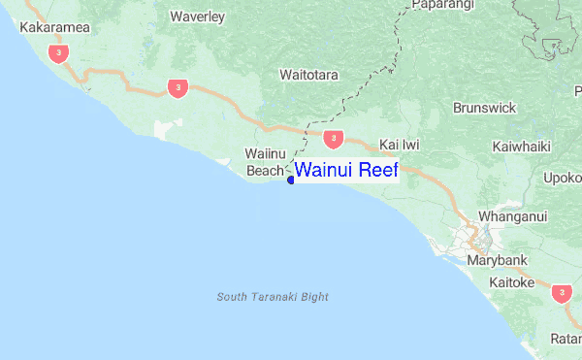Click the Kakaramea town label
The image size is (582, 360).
click(x=54, y=27)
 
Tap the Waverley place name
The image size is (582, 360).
click(x=197, y=16)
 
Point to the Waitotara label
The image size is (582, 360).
click(x=307, y=74)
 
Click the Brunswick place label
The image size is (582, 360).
click(x=484, y=108)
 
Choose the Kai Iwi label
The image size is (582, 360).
click(x=400, y=144)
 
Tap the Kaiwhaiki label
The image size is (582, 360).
click(x=522, y=147)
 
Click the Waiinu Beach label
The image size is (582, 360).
click(x=263, y=162)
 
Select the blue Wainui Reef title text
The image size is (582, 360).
click(x=346, y=171)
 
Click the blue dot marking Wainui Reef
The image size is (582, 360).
click(x=290, y=180)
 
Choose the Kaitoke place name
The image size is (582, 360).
click(x=512, y=282)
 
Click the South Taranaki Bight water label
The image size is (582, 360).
click(x=273, y=296)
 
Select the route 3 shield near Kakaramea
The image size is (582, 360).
click(x=61, y=53)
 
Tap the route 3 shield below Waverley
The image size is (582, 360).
click(x=177, y=88)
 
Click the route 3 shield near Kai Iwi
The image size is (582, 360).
click(x=333, y=139)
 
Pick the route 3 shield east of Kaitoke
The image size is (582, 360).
click(x=561, y=291)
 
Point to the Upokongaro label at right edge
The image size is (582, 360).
click(x=564, y=178)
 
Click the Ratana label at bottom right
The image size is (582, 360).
click(x=566, y=339)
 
